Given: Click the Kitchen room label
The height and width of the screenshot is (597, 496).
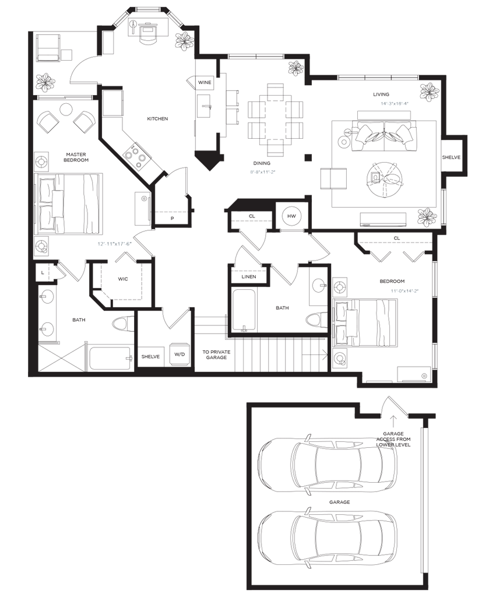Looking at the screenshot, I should coord(157,119).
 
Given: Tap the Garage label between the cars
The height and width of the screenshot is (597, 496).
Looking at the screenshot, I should coord(339,502).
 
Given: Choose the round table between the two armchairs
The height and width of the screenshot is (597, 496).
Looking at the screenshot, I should coord(66,110).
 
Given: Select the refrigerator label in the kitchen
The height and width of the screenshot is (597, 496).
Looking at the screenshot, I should coord(204,83).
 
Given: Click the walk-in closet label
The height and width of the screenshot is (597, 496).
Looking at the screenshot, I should coord(123,279).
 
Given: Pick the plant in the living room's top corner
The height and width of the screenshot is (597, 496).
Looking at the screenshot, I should coord(429,91).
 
